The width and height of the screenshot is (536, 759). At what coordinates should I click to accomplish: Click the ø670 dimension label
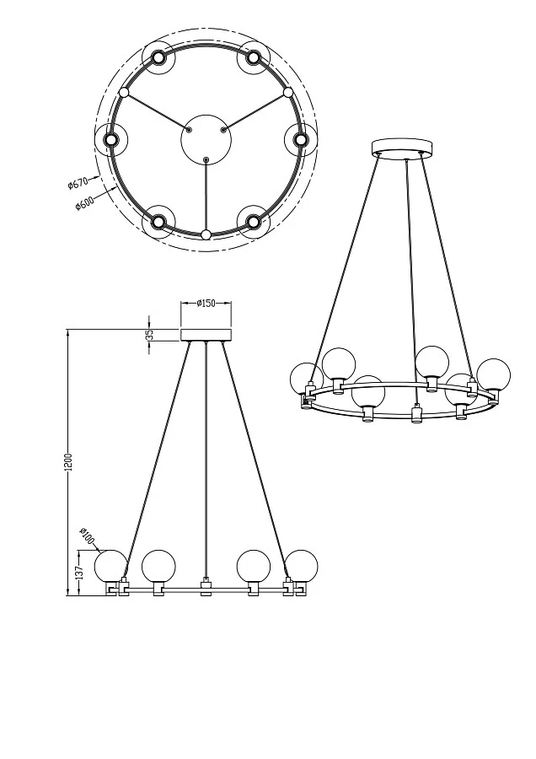coord(78,182)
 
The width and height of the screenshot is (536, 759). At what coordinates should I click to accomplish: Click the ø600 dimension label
coord(84,202)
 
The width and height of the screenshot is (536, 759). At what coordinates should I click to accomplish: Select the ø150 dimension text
coord(206,304)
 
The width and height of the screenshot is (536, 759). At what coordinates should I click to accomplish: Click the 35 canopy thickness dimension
coord(150,334)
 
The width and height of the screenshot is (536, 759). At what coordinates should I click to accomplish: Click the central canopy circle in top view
coord(206,139)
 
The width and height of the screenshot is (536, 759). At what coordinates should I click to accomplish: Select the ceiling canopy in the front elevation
coord(206,335)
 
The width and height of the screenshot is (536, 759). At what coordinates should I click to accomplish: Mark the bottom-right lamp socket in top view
coord(254,222)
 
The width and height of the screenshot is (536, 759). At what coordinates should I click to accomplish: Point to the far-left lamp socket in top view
coord(110,139)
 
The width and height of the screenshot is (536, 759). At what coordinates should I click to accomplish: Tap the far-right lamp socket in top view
coord(301,139)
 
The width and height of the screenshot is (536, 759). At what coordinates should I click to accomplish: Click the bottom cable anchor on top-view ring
coord(206,234)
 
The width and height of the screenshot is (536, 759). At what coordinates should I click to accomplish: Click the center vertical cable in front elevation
coord(206,455)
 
